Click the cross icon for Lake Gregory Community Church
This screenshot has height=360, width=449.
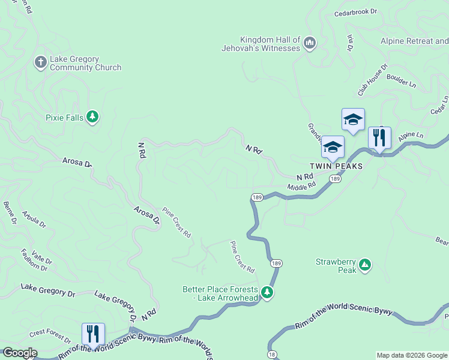(x=40, y=62)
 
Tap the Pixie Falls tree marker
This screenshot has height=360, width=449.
(x=92, y=116)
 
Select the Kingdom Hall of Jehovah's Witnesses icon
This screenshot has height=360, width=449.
(x=310, y=43)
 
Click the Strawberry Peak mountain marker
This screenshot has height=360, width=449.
(x=364, y=264)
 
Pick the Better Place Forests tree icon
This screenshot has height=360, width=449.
(x=267, y=293)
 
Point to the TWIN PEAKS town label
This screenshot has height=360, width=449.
(x=336, y=166)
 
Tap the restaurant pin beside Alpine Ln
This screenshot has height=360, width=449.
(x=379, y=137)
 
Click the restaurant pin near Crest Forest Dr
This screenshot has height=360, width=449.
(x=93, y=334)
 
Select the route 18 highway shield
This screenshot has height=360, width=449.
(x=272, y=356)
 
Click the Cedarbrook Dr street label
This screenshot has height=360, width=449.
(x=355, y=11)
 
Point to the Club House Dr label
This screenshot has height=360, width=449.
(x=373, y=81)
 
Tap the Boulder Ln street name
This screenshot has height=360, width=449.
(x=401, y=80)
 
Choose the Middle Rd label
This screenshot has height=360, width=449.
(x=301, y=188)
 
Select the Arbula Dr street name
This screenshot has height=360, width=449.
(x=34, y=219)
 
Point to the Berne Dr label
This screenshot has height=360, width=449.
(x=10, y=212)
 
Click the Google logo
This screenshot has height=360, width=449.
(x=19, y=353)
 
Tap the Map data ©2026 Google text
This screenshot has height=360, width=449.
(x=412, y=355)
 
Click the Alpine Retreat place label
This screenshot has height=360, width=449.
(x=414, y=41)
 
